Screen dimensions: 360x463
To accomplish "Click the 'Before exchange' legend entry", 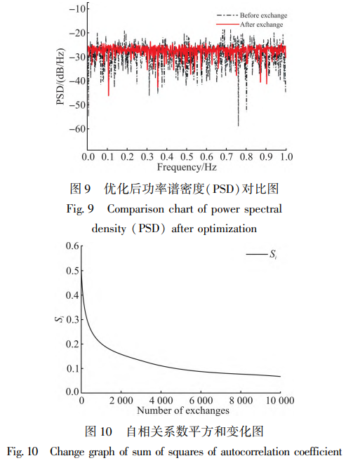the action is pyautogui.click(x=252, y=15).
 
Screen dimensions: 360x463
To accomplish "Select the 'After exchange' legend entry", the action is pyautogui.click(x=250, y=25).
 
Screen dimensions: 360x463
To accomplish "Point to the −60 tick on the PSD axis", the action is pyautogui.click(x=77, y=129).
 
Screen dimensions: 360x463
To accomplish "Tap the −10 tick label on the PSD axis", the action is pyautogui.click(x=77, y=8).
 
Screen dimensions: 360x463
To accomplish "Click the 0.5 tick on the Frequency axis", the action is pyautogui.click(x=187, y=156).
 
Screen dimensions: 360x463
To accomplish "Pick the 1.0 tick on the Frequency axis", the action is pyautogui.click(x=286, y=156).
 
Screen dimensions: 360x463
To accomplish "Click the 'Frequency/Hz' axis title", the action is pyautogui.click(x=187, y=167).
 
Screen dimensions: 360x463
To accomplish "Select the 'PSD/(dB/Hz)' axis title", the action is pyautogui.click(x=60, y=76).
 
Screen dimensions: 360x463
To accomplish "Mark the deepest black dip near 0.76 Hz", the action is pyautogui.click(x=239, y=126).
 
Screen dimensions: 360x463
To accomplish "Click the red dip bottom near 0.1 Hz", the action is pyautogui.click(x=109, y=95).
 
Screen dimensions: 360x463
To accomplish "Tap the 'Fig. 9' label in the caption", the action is pyautogui.click(x=80, y=209).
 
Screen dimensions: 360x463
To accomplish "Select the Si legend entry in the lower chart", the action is pyautogui.click(x=261, y=254).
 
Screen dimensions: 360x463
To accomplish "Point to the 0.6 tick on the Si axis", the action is pyautogui.click(x=72, y=246).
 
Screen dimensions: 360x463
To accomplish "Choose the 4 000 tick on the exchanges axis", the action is pyautogui.click(x=161, y=401).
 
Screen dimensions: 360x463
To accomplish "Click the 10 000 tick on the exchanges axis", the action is pyautogui.click(x=280, y=401).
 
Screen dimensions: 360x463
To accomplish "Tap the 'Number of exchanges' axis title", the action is pyautogui.click(x=183, y=410).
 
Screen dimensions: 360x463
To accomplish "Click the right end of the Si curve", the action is pyautogui.click(x=280, y=377).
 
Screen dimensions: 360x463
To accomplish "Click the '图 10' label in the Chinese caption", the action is pyautogui.click(x=98, y=431).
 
